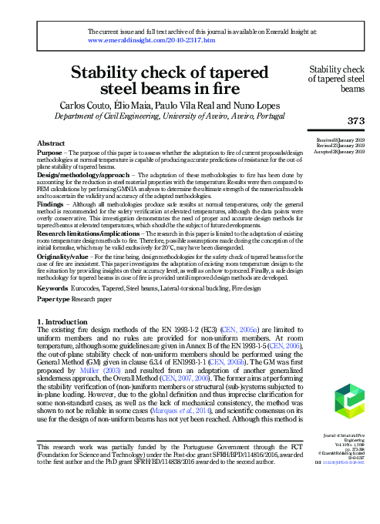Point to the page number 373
tap(354, 120)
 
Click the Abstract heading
tap(52, 143)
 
